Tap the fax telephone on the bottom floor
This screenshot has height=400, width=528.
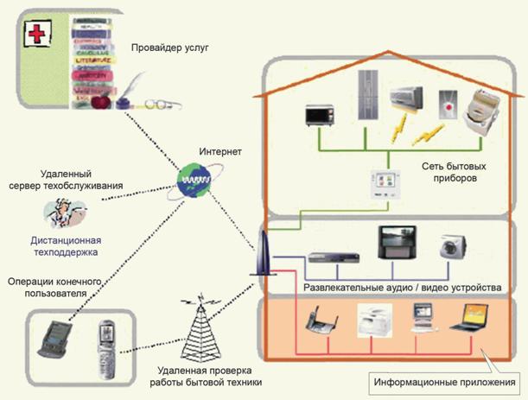coord(321,320)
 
